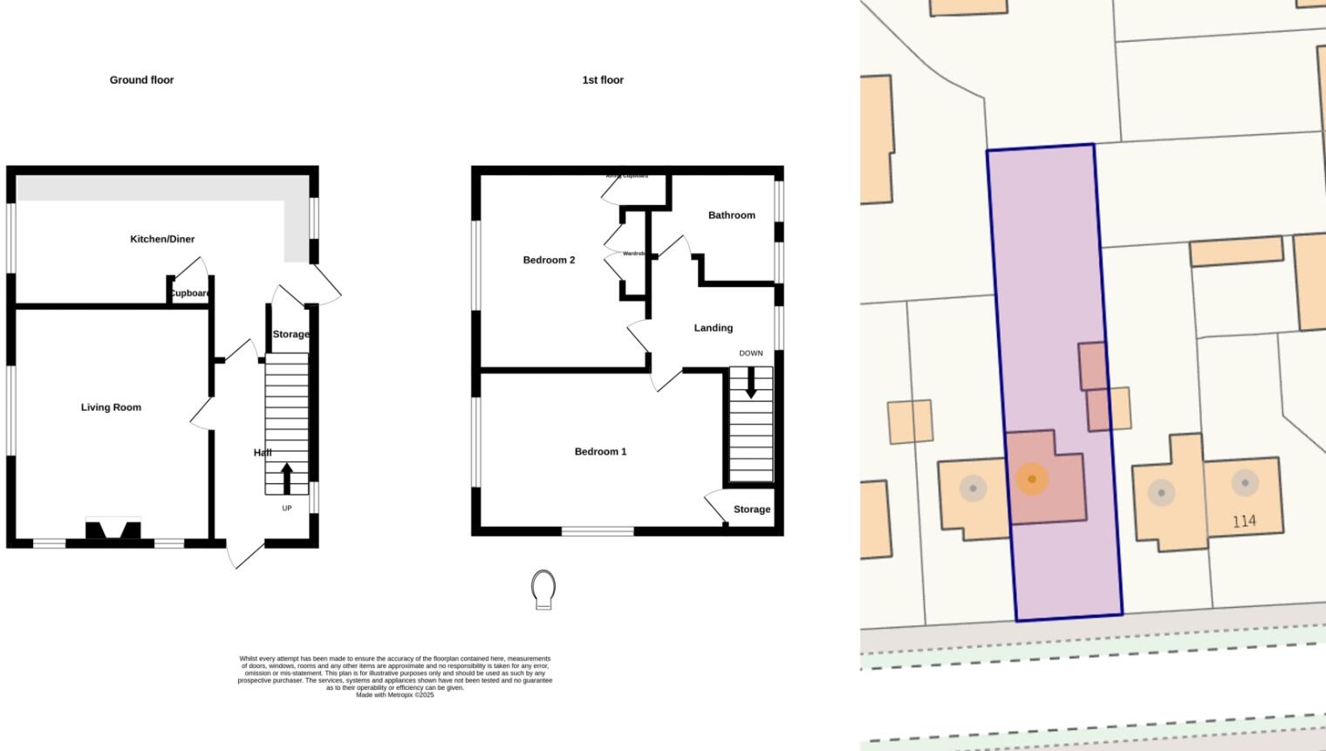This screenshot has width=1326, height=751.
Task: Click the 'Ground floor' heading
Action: pos(141,80)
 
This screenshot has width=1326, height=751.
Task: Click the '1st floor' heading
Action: pos(603,80)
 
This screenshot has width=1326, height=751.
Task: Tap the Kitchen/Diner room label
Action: pos(162,239)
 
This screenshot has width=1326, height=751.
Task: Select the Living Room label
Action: pos(111,407)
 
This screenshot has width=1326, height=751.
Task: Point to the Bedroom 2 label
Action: pos(549,260)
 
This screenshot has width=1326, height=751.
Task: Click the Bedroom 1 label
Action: pos(600,452)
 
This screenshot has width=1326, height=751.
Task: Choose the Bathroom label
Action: pos(731,215)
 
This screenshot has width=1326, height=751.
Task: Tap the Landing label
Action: pos(713,328)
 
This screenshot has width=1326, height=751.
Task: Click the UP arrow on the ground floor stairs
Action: pos(286,479)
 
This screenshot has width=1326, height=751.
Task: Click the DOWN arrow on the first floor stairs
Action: pos(750,384)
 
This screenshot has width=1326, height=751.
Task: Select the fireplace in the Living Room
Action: pos(113,530)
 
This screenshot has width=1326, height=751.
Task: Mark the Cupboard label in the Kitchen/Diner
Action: pos(190,293)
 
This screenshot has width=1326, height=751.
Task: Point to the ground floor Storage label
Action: pos(290,334)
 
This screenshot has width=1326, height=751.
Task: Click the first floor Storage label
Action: pos(751,509)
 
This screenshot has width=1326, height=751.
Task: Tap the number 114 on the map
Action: pos(1244,522)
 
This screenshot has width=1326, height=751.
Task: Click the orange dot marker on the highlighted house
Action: pos(1032,479)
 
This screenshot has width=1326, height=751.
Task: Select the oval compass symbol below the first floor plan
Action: pos(543,590)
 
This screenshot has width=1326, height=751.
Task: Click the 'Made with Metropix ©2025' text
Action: pos(394,695)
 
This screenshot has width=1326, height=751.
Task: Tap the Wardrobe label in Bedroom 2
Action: pos(634,254)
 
